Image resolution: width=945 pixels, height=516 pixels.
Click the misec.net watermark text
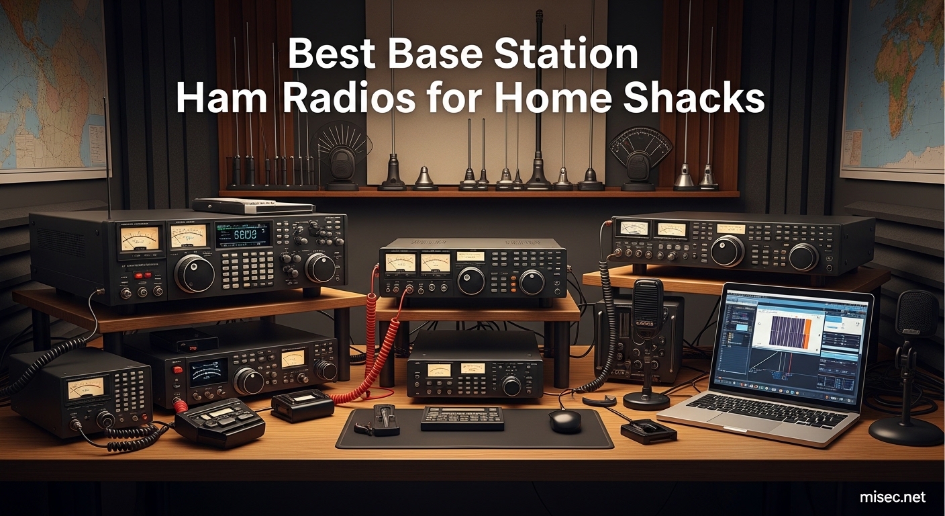pyautogui.click(x=892, y=497)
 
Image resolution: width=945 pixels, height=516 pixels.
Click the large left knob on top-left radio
pyautogui.click(x=194, y=273)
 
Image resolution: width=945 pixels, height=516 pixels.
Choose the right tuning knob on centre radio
pyautogui.click(x=532, y=282)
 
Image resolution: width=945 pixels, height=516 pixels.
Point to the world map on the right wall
pyautogui.click(x=893, y=87)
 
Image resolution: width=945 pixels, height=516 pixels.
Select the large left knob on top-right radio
pyautogui.click(x=728, y=251)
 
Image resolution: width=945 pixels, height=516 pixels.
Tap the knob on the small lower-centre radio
pyautogui.click(x=512, y=386)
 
